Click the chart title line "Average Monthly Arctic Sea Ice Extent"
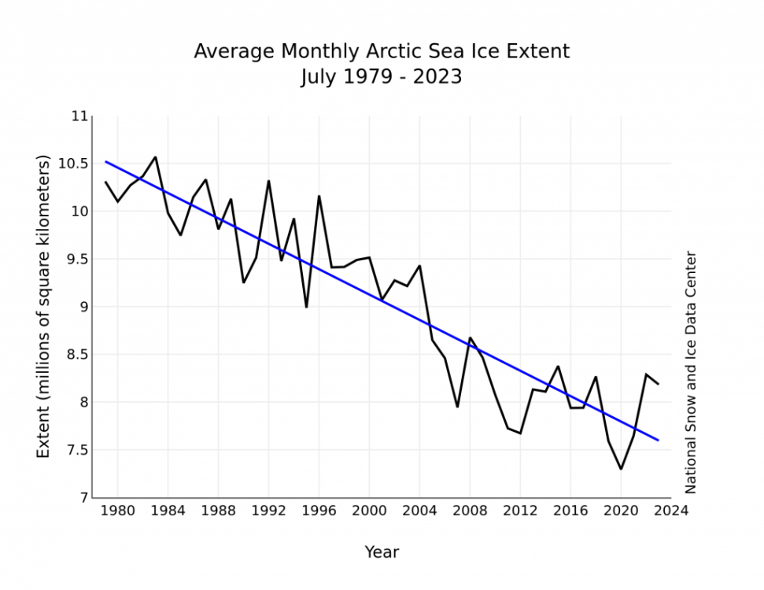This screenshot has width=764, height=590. click(x=382, y=52)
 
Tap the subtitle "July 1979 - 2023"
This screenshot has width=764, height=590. click(x=382, y=77)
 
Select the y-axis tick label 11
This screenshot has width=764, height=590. click(x=79, y=116)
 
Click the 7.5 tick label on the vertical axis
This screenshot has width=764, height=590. click(x=76, y=450)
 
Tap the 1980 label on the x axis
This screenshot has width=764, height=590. click(x=118, y=511)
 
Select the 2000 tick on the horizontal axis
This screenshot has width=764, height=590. click(x=370, y=511)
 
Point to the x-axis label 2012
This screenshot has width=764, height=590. click(x=521, y=511)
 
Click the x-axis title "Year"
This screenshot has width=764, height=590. click(x=382, y=552)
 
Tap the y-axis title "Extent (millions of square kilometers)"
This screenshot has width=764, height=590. click(x=44, y=307)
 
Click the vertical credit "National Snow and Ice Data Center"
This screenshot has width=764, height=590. click(x=691, y=372)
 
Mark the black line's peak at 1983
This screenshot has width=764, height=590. click(x=155, y=157)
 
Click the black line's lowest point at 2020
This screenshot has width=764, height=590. click(x=621, y=469)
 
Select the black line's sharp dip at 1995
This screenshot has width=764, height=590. click(x=306, y=307)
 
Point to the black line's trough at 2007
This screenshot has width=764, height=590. click(x=457, y=407)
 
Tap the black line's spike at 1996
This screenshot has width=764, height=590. click(x=319, y=196)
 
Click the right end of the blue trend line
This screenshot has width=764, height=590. click(x=659, y=441)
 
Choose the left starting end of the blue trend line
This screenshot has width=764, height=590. click(x=105, y=161)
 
